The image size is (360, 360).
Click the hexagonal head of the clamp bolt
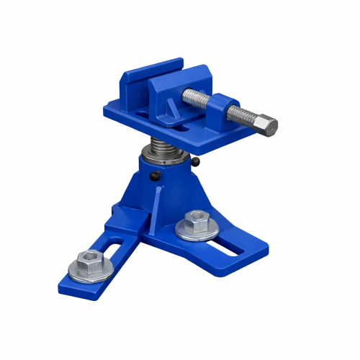pos(268,127)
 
